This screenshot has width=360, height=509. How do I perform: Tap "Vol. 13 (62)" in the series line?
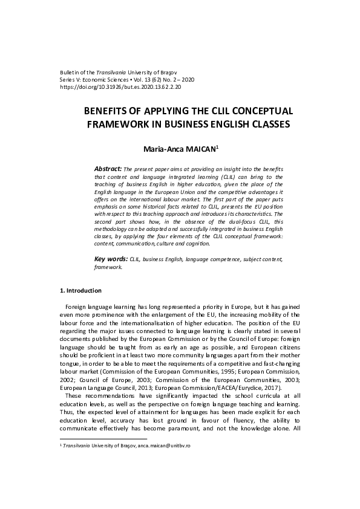coord(158,80)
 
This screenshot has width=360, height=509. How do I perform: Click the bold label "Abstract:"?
coord(108,168)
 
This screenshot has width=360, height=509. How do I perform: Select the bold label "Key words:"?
coord(111,259)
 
